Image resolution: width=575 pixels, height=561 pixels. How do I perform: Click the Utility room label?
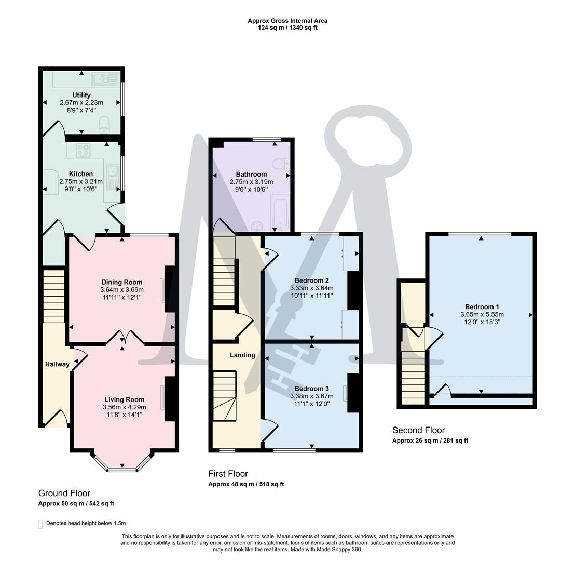click(81, 95)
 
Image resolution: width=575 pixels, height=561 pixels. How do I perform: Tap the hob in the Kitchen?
click(83, 151)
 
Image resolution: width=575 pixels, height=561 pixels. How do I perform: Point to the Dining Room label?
click(122, 282)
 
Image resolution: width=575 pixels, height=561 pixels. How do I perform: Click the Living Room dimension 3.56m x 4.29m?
click(124, 407)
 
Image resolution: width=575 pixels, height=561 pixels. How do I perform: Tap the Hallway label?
click(57, 364)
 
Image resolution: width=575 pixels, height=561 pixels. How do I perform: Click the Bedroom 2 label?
click(311, 280)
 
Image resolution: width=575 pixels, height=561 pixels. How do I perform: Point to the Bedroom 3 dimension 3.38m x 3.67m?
click(311, 396)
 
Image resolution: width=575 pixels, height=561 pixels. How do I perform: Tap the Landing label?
click(242, 355)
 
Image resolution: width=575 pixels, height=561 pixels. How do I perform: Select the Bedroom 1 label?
click(482, 306)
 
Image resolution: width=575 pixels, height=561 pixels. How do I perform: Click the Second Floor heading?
click(418, 430)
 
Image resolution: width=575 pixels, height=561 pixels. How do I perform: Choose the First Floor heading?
click(228, 473)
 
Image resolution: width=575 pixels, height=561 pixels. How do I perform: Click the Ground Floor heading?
click(64, 493)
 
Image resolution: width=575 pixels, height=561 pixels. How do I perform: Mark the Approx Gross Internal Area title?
click(287, 21)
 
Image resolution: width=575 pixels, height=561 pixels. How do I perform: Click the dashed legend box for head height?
click(40, 524)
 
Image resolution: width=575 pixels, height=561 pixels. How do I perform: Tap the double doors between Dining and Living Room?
click(124, 338)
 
